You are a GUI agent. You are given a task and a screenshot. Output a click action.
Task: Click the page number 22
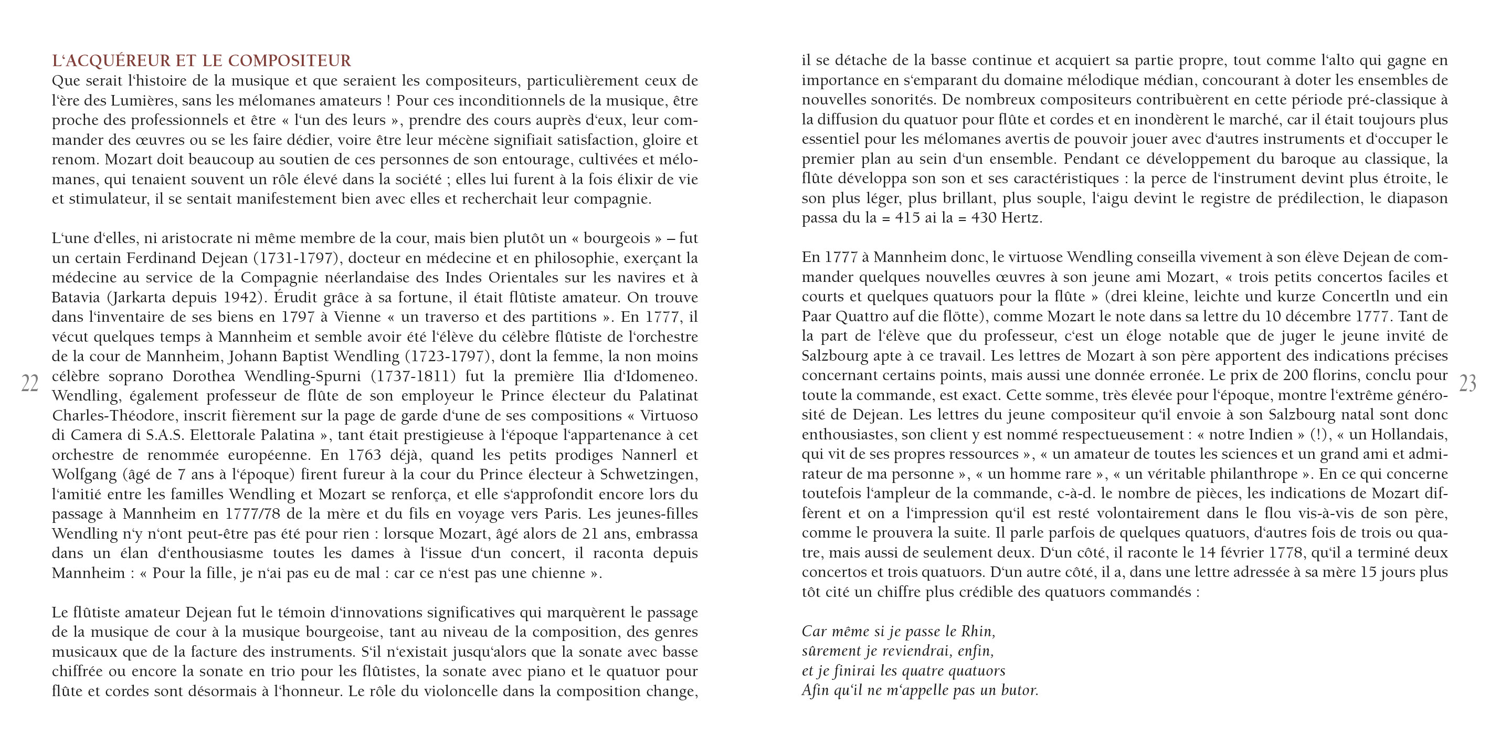[x=30, y=383]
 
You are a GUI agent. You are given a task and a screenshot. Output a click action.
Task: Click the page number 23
[x=1468, y=383]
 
